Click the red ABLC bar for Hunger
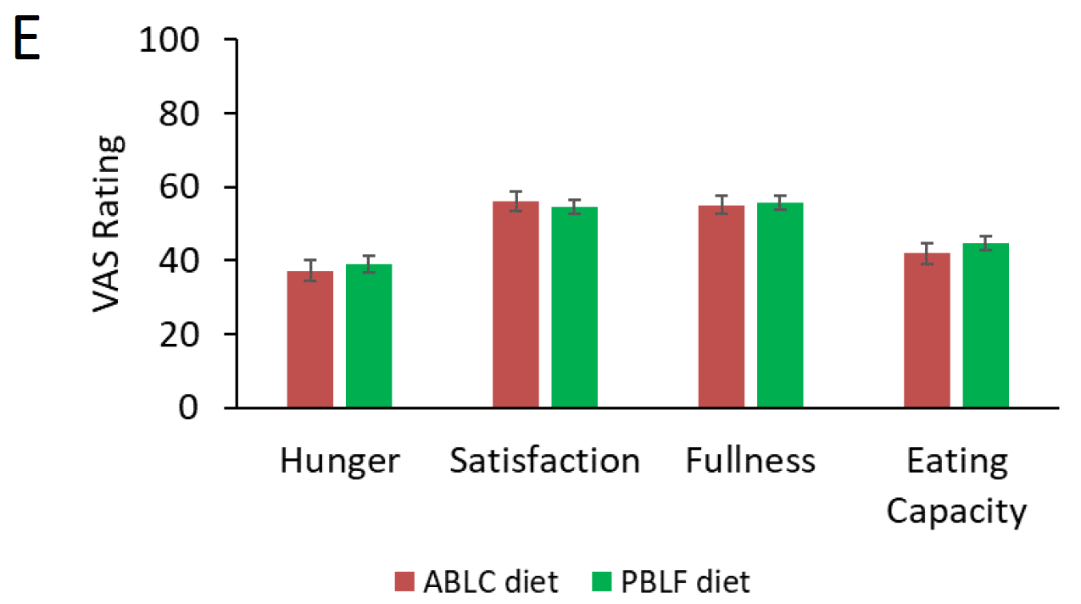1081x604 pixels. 309,339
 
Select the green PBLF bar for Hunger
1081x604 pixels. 368,335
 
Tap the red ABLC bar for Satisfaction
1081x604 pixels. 515,304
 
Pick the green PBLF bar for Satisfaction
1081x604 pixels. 574,307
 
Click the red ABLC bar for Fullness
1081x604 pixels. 721,306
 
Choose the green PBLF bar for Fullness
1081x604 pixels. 779,305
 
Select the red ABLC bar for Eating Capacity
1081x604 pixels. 927,330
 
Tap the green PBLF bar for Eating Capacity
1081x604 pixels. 985,325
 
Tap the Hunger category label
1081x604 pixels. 339,462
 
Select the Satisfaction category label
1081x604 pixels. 544,462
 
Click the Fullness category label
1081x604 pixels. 750,462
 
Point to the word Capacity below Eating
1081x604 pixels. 956,512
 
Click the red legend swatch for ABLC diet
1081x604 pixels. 404,582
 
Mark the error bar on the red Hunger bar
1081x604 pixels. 310,270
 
